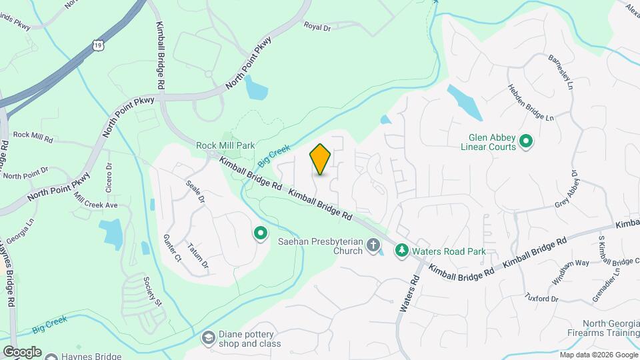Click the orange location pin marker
[321, 159]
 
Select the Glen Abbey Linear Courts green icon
[525, 141]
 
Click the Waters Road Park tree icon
[401, 251]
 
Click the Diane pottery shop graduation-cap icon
[209, 338]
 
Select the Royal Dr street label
[317, 26]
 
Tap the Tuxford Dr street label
[541, 297]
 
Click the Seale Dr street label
[195, 190]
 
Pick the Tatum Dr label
[198, 255]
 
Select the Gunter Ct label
[172, 248]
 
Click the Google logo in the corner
[22, 351]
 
